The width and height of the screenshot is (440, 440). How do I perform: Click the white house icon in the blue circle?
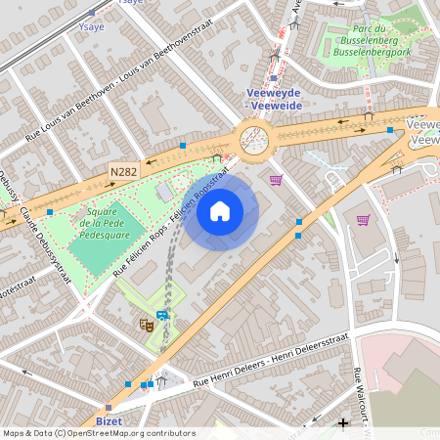(x=220, y=211)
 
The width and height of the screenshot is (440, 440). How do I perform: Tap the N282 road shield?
(x=123, y=172)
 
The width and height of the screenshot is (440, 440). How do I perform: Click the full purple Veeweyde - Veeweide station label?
(x=274, y=99)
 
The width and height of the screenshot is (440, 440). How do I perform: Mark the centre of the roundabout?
(x=254, y=137)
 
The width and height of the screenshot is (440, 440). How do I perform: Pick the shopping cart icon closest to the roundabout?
(x=276, y=180)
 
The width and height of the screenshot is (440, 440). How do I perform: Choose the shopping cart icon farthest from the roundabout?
(x=364, y=219)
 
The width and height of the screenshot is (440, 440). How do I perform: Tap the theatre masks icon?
(x=146, y=324)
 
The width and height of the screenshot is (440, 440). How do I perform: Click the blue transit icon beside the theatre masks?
(x=162, y=315)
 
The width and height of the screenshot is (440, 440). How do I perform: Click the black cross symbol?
(x=342, y=423)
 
